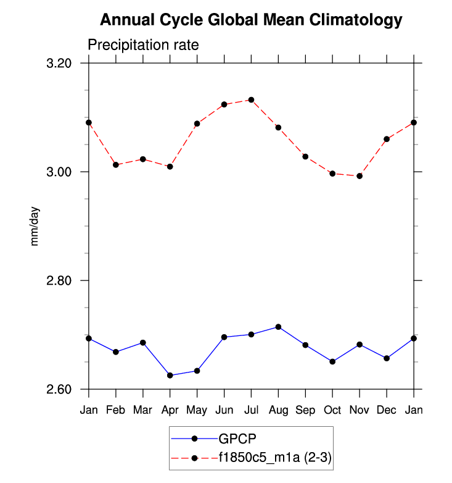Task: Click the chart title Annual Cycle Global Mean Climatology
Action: click(251, 20)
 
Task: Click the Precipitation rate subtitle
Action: click(143, 45)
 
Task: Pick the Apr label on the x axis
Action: click(170, 410)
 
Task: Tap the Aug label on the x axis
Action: click(278, 410)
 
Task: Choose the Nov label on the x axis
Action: click(360, 410)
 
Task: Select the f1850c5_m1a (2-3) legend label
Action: click(276, 458)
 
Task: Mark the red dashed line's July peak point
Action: click(251, 99)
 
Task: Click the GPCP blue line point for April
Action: click(170, 375)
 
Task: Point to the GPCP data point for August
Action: click(278, 327)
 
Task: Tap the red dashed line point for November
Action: click(360, 176)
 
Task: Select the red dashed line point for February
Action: click(115, 165)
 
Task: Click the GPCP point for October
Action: click(332, 361)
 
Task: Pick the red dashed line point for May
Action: click(197, 124)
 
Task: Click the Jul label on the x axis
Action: click(251, 410)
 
